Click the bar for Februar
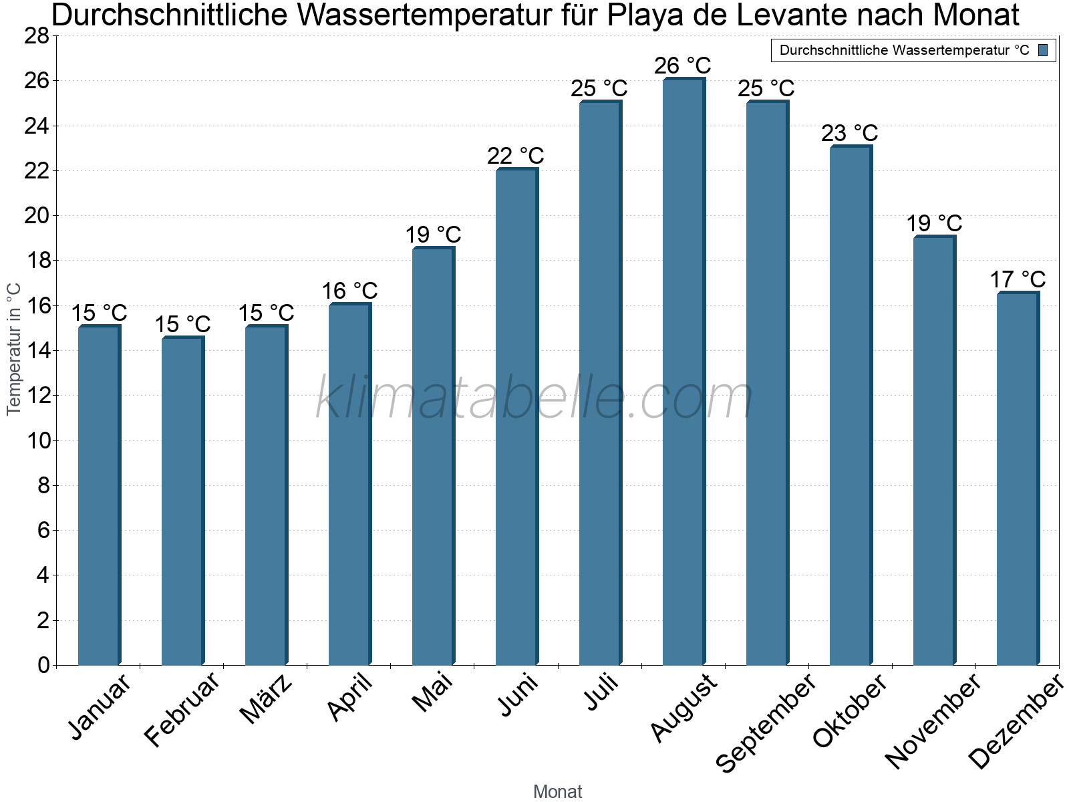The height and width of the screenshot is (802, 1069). (x=182, y=501)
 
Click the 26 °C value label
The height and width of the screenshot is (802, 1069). (x=683, y=66)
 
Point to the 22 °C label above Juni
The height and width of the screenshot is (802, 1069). (x=516, y=156)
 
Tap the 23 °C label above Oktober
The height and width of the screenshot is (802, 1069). (x=850, y=134)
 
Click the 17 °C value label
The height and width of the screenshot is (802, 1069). (x=1018, y=279)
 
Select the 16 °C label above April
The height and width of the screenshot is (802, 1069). (x=349, y=291)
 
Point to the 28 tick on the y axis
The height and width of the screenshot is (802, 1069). (x=37, y=35)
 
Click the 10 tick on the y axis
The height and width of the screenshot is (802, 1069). (x=37, y=440)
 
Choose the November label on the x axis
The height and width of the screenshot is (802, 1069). (x=934, y=720)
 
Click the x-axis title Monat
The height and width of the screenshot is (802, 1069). (x=558, y=792)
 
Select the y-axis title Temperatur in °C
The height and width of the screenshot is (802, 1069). (x=14, y=349)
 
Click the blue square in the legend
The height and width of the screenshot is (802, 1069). (x=1043, y=50)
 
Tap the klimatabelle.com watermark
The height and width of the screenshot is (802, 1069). (x=534, y=398)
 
